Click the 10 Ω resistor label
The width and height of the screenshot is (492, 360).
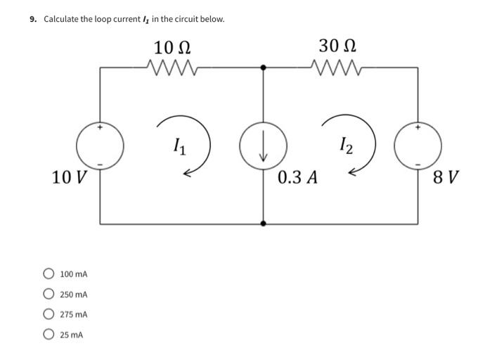click(x=172, y=48)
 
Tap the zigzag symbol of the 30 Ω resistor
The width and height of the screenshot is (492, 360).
click(x=338, y=67)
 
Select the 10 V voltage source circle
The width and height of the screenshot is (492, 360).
click(x=101, y=146)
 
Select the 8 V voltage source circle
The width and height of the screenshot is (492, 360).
click(x=419, y=146)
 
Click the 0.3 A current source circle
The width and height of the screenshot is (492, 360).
click(x=263, y=146)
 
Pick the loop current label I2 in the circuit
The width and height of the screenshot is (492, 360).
click(x=345, y=146)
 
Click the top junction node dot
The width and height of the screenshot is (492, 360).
click(x=263, y=67)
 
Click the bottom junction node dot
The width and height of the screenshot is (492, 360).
click(x=263, y=224)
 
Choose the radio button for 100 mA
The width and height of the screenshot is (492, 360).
click(x=48, y=274)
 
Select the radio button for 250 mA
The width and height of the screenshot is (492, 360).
click(x=48, y=294)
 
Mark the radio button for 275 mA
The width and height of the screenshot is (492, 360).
click(x=48, y=314)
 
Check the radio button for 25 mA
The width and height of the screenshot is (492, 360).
click(x=48, y=335)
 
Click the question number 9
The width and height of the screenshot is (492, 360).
click(x=33, y=19)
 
